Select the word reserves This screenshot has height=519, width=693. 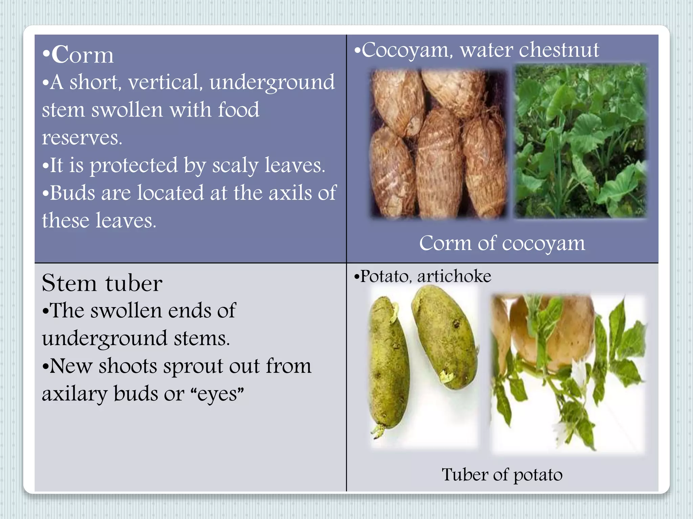tap(82, 138)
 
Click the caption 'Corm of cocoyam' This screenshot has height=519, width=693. tap(502, 243)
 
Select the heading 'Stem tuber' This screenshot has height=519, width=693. tap(102, 283)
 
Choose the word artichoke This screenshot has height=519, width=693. tap(454, 277)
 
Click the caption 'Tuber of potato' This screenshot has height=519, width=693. tap(502, 475)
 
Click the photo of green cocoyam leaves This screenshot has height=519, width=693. tap(580, 141)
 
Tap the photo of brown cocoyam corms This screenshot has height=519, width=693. tap(439, 144)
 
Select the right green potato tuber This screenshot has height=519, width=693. tap(444, 336)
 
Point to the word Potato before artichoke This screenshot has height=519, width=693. tap(384, 277)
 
